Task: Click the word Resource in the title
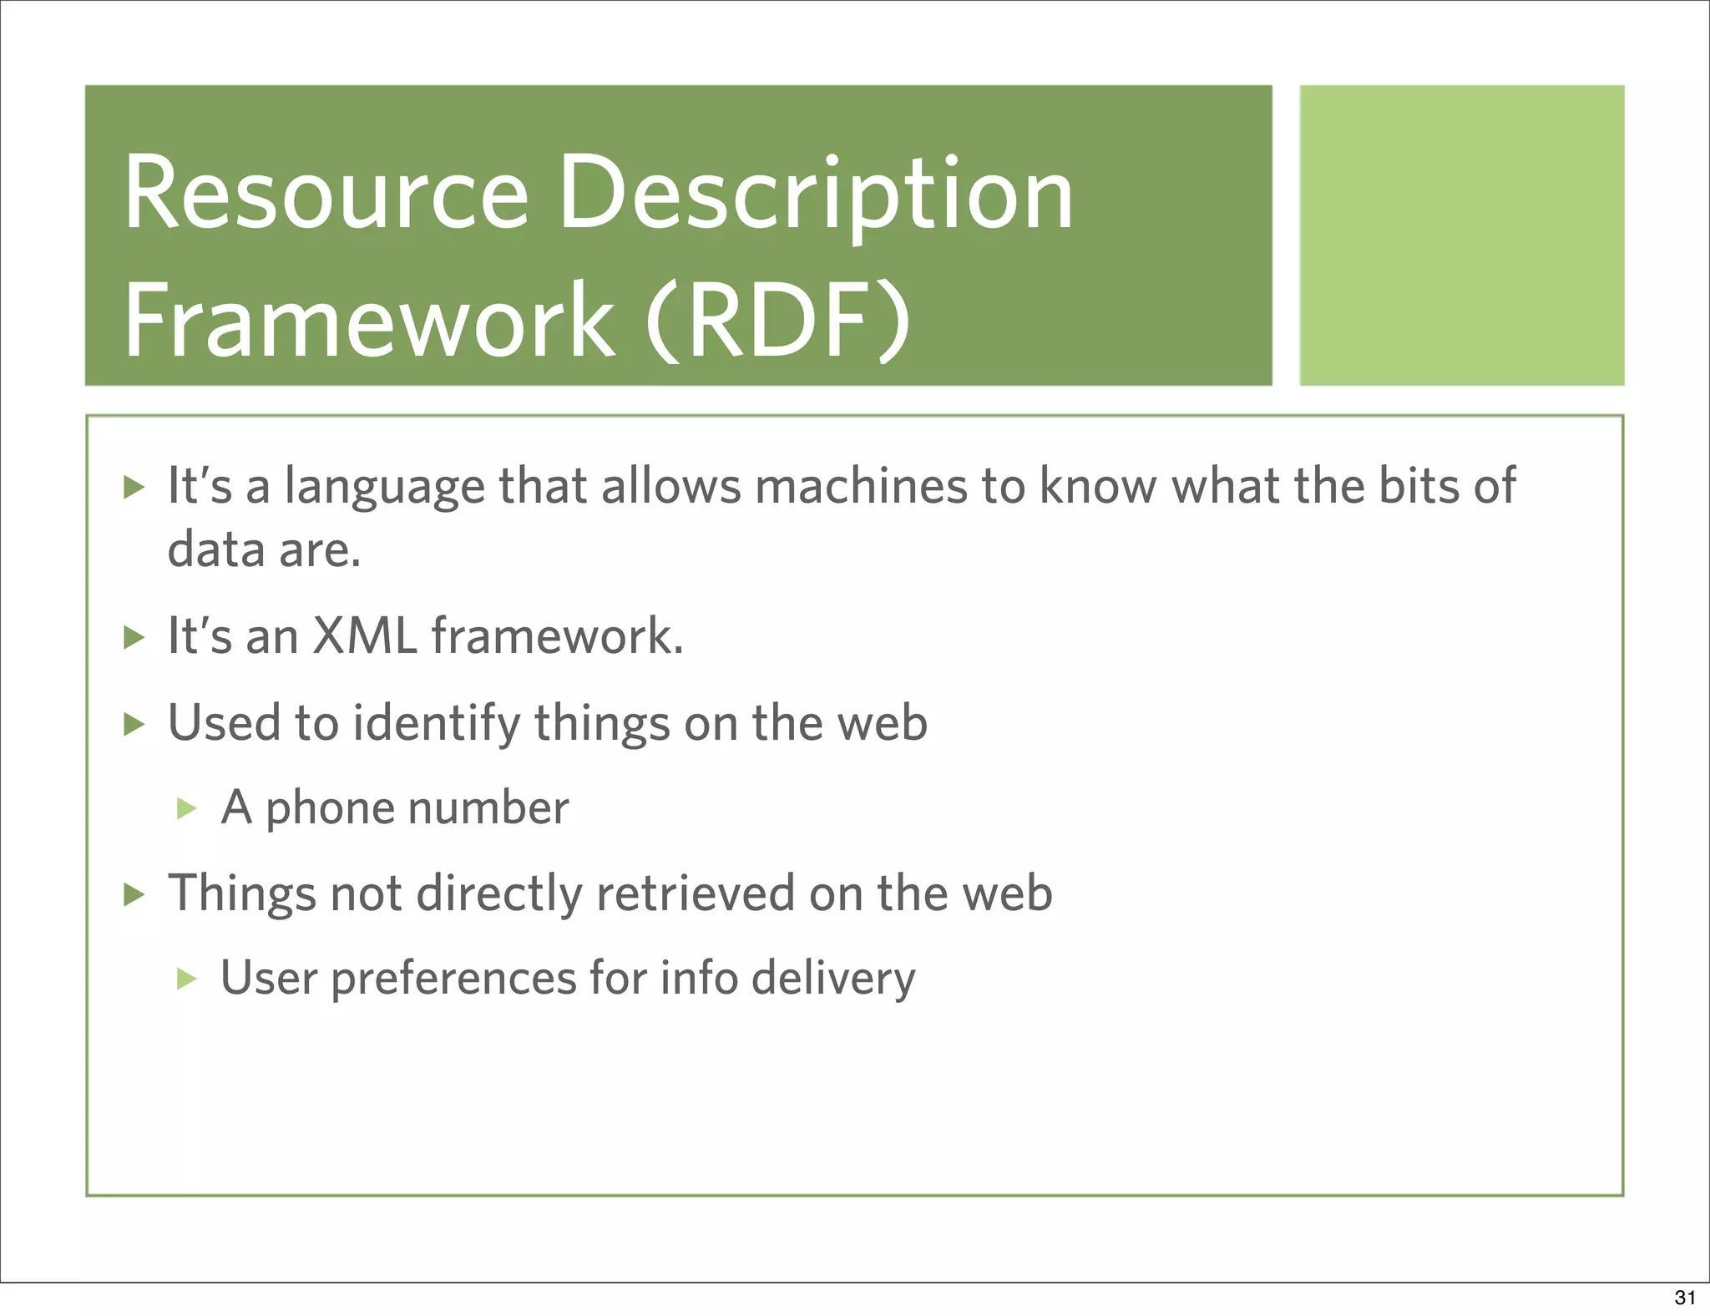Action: (326, 194)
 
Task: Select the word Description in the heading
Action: (815, 194)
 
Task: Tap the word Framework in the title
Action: (368, 321)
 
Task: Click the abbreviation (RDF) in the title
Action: (777, 321)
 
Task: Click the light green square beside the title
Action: (1461, 235)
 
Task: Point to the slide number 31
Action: (1684, 1298)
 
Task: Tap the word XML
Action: (363, 636)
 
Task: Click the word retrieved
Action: (695, 893)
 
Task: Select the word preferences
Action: (453, 979)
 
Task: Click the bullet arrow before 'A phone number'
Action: (186, 808)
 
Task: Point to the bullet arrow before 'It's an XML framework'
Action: (134, 638)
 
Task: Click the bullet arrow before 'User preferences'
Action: (186, 979)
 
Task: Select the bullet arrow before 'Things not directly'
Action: (134, 894)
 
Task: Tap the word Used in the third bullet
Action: (224, 723)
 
